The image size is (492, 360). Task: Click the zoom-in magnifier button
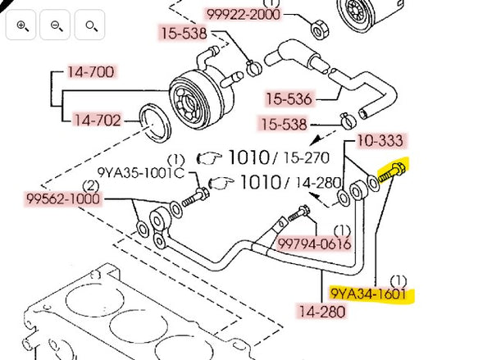[22, 26]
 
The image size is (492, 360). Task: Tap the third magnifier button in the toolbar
[89, 26]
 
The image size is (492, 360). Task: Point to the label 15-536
[289, 99]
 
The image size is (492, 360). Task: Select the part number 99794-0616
[314, 244]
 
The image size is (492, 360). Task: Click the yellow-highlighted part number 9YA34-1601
[368, 294]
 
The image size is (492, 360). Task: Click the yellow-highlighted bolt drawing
[393, 173]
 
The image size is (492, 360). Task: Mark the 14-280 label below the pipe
[322, 312]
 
